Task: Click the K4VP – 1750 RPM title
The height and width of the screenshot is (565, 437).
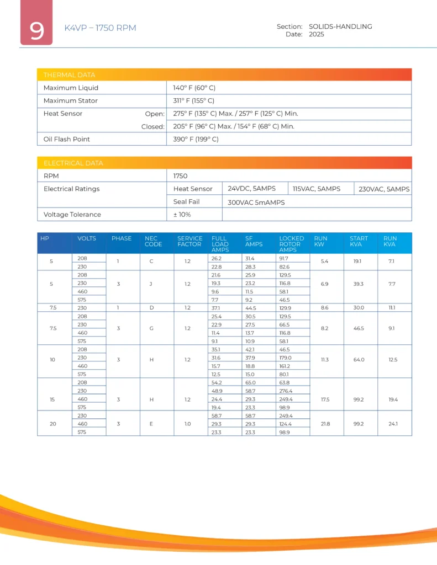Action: tap(100, 28)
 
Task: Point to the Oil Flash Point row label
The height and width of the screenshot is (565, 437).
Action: tap(67, 139)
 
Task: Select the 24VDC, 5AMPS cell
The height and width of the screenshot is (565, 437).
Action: tap(251, 189)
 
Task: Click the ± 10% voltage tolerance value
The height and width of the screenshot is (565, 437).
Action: tap(182, 214)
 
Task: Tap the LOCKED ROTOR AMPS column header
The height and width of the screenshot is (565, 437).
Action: tap(291, 244)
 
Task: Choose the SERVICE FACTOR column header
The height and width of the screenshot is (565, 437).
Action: tap(189, 241)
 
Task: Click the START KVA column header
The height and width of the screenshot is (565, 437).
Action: tap(359, 241)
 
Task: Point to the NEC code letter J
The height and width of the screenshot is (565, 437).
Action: tap(151, 284)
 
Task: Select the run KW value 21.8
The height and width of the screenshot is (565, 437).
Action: tap(325, 423)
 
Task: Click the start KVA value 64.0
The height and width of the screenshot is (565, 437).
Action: tap(359, 360)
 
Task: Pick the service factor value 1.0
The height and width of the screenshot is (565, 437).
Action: tap(188, 423)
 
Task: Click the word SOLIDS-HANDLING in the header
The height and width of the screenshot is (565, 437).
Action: tap(340, 26)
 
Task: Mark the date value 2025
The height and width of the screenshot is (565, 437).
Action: tap(317, 34)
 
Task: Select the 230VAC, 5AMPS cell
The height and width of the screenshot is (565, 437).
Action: tap(383, 189)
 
